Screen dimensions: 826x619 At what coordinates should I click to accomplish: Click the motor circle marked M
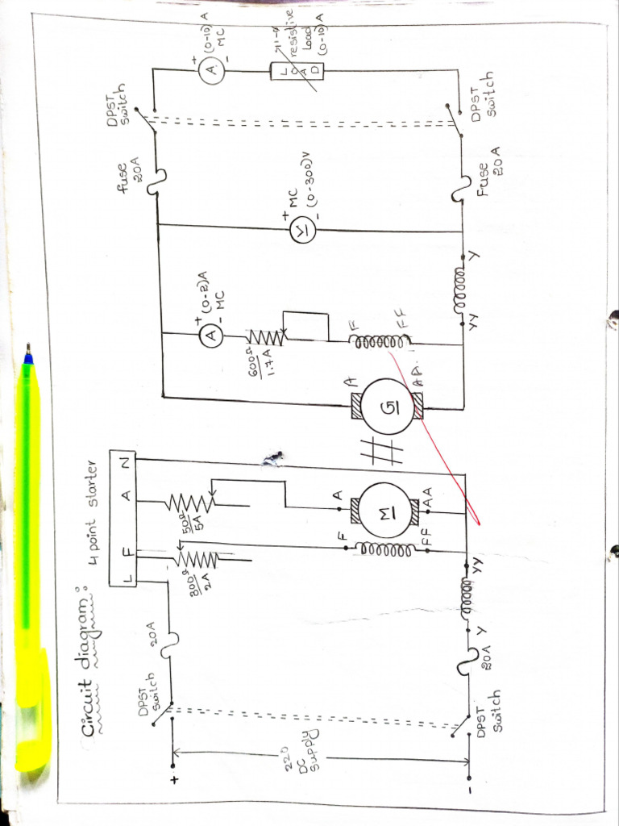point(386,508)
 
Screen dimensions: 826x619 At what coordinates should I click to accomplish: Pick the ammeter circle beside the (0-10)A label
point(211,71)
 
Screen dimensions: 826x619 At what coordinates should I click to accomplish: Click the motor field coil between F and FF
point(373,549)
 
